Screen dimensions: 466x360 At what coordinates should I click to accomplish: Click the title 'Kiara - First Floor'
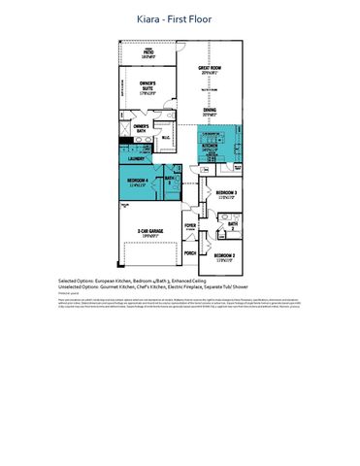coord(180,18)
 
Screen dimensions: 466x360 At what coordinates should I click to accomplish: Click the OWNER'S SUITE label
coord(147,86)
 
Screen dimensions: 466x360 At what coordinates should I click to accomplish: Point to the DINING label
coord(209,111)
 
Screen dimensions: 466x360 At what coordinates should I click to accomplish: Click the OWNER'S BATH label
coord(141,127)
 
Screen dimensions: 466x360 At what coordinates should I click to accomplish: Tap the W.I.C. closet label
coord(166,137)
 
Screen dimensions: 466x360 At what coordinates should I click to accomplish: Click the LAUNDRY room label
coord(135,157)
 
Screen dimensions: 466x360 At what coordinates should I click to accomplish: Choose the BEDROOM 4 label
coord(137,182)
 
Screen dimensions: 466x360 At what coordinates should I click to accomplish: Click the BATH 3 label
coord(170,179)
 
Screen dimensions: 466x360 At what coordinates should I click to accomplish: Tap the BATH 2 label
coord(233,224)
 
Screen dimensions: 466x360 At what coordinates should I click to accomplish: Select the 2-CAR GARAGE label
coord(147,232)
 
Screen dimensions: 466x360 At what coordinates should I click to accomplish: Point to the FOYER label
coord(190,225)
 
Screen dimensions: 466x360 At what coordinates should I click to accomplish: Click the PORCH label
coord(190,252)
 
